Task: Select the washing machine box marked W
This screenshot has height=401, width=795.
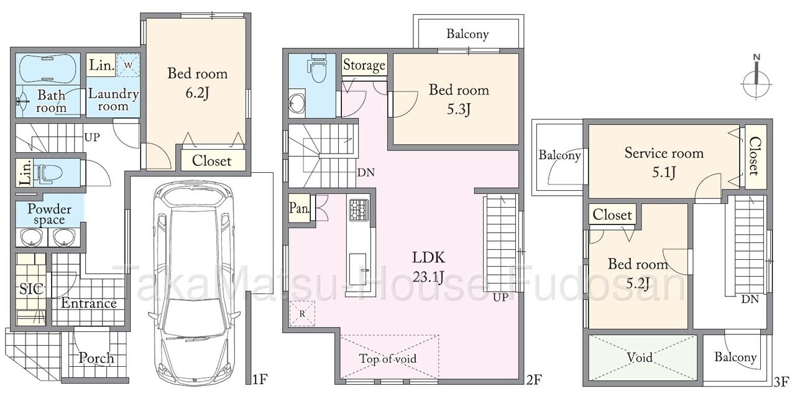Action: point(128,65)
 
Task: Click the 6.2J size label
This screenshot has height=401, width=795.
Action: point(197,93)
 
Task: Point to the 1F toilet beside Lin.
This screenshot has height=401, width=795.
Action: point(49,173)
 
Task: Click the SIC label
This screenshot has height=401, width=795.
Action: point(31,289)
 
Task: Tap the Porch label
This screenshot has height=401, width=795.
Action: point(96,358)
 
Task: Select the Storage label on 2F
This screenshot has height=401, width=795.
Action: point(364,65)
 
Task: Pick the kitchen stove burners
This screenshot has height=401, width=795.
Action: point(359,210)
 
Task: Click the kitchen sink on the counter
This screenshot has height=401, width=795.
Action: point(358,269)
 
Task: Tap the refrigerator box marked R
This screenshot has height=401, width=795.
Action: point(302,314)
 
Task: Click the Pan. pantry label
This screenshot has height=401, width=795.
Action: point(299,208)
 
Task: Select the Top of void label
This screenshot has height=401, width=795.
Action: point(388,359)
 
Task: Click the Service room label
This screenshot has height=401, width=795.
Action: point(664,153)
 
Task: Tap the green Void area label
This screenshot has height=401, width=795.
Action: point(640,357)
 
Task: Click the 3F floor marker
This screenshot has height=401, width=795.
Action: point(781,382)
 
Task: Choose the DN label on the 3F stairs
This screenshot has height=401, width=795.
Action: point(750,299)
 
